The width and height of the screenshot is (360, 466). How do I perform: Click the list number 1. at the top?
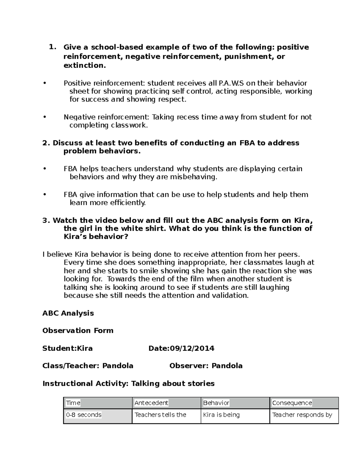click(x=52, y=47)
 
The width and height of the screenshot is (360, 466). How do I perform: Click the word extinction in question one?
click(x=84, y=65)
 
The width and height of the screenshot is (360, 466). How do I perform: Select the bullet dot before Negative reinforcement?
click(x=45, y=117)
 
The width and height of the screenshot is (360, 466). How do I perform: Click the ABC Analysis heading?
click(x=68, y=313)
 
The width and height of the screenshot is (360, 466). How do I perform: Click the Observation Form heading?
click(x=78, y=331)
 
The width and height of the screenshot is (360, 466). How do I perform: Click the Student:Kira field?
click(x=67, y=348)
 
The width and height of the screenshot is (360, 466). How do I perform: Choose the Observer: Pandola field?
click(x=206, y=366)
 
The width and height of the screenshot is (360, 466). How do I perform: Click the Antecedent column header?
click(x=151, y=403)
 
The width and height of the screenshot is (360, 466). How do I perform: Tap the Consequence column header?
click(x=292, y=403)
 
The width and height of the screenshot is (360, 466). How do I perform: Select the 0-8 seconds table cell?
click(x=84, y=415)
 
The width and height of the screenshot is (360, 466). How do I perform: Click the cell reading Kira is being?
click(x=221, y=415)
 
